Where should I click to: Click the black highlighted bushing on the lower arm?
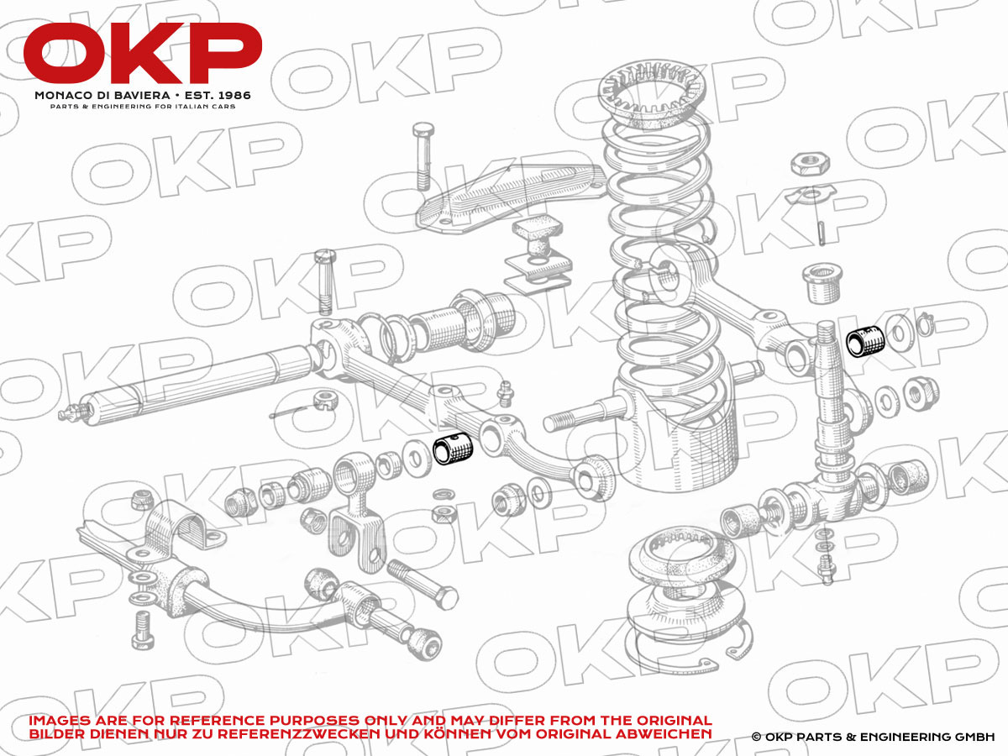453,448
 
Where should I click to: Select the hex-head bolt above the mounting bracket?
423,155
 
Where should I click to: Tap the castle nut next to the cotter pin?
326,401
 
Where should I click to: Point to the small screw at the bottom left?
143,630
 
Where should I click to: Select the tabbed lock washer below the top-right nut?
811,195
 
